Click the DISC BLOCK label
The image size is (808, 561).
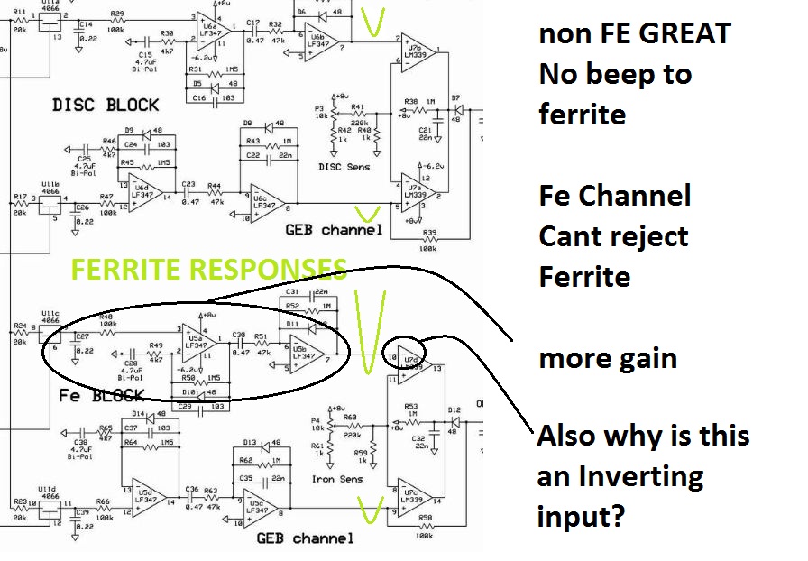106,105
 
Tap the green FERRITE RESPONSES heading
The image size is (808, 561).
209,269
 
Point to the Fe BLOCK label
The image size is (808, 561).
101,395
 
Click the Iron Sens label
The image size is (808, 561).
337,479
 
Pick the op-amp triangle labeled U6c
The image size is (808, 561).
268,201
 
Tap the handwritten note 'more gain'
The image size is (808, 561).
607,358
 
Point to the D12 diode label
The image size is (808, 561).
456,409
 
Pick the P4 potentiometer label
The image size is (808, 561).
316,419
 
